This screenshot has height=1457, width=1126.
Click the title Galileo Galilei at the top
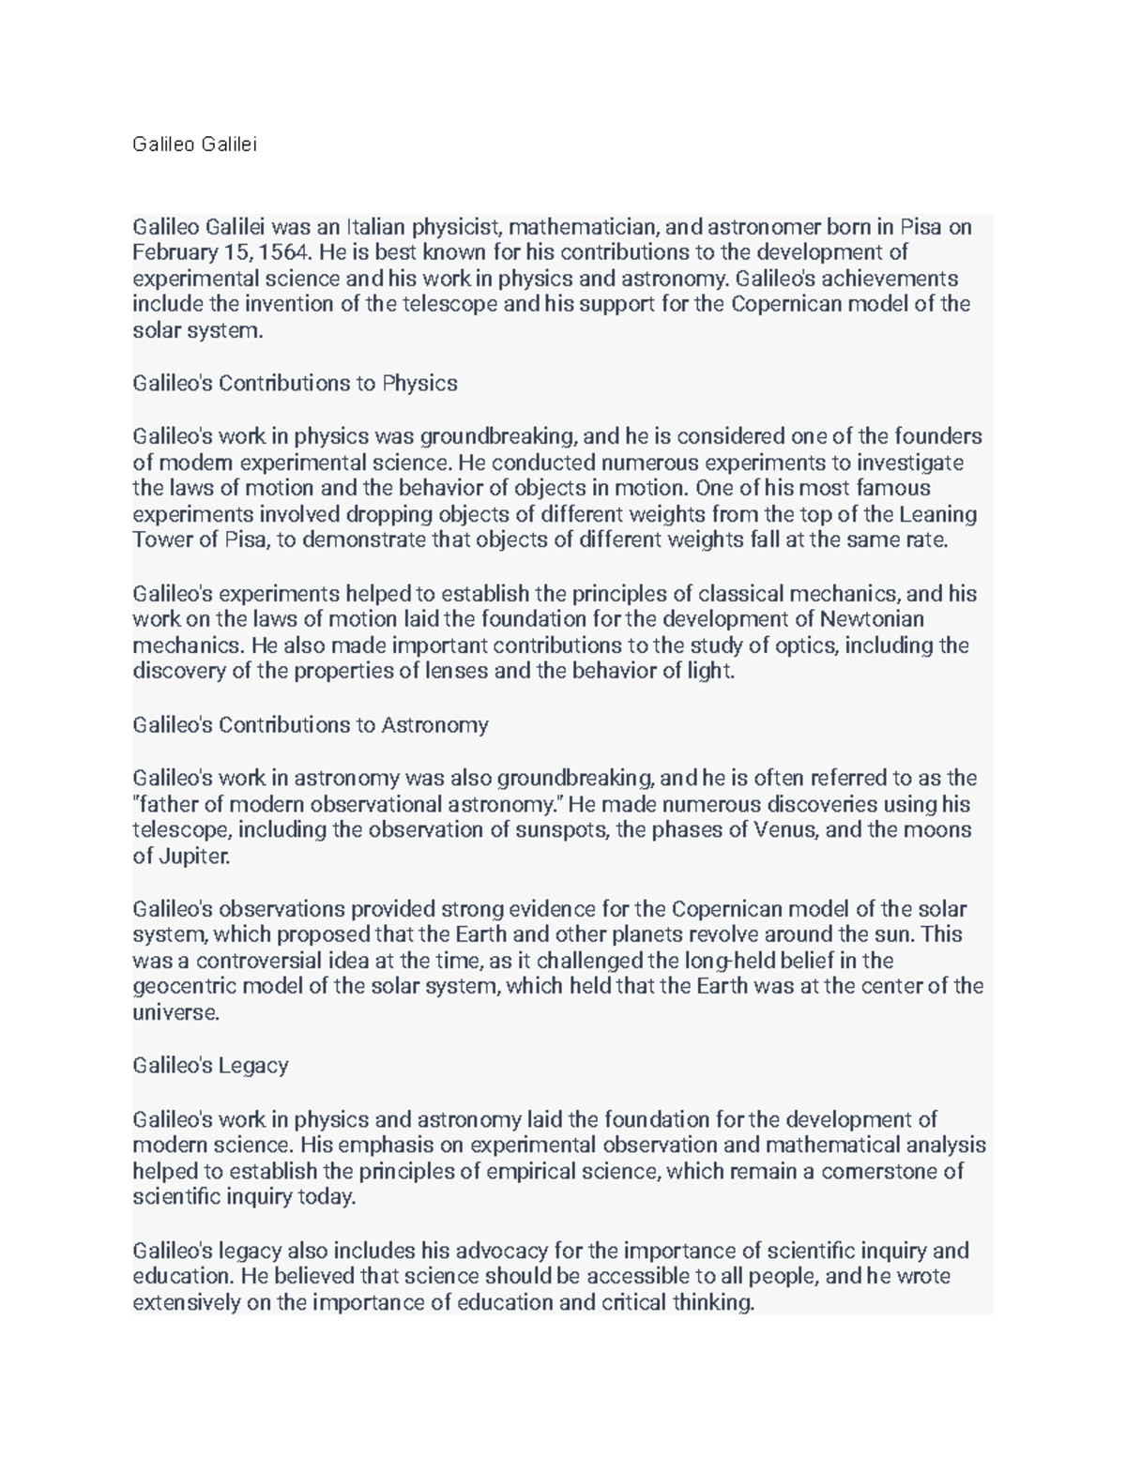click(194, 144)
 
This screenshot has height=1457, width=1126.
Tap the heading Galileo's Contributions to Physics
click(295, 383)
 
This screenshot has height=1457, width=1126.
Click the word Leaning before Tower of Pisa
click(938, 514)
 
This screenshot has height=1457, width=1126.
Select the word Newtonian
click(872, 619)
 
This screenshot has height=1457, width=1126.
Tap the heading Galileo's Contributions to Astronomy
click(311, 725)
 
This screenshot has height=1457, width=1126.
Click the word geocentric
click(184, 986)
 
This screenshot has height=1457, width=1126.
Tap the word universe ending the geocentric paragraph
click(175, 1012)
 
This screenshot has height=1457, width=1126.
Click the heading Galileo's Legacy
click(210, 1066)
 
